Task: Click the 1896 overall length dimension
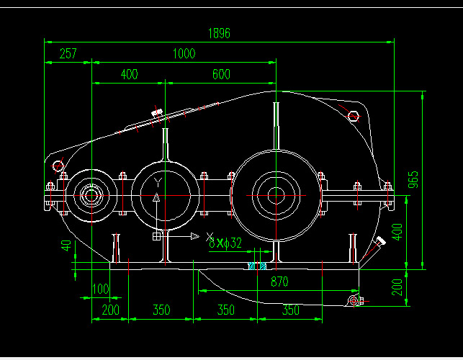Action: coord(219,33)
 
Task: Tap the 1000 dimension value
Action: coord(184,54)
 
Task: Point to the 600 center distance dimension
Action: coord(221,74)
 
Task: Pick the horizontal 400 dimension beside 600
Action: coord(129,74)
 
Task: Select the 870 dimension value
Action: coord(279,283)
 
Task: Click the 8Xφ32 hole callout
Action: coord(225,243)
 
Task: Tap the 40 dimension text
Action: coord(67,245)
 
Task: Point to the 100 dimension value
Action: coord(100,289)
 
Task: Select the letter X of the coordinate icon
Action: coord(210,236)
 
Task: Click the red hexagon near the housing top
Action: coord(354,117)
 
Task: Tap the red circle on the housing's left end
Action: coord(58,168)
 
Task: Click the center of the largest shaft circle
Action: coord(277,193)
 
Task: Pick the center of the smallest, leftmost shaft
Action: coord(90,194)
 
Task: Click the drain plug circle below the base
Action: coord(353,300)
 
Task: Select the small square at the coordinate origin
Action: coord(157,236)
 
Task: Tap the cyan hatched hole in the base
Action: coord(254,266)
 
